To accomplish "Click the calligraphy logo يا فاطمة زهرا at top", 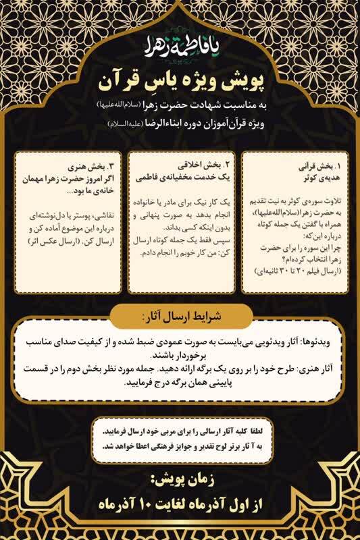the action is point(180,45).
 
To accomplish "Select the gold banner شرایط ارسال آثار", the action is point(180,316).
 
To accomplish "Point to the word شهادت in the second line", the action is point(207,107).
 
